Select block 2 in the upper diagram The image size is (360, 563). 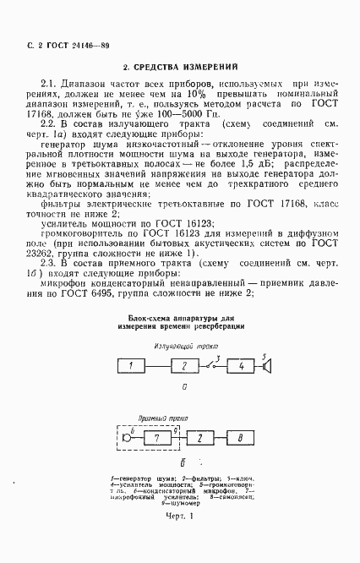tap(182, 365)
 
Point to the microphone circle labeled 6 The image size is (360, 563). tap(127, 438)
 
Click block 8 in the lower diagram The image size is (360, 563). tap(239, 438)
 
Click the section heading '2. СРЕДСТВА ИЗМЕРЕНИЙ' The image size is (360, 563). tap(179, 65)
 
